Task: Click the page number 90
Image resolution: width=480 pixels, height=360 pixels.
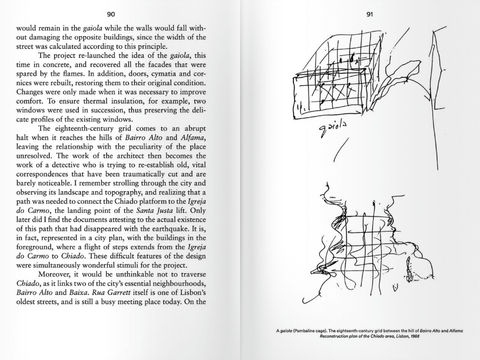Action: tap(111, 14)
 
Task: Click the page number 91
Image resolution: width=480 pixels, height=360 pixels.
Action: tap(369, 14)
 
